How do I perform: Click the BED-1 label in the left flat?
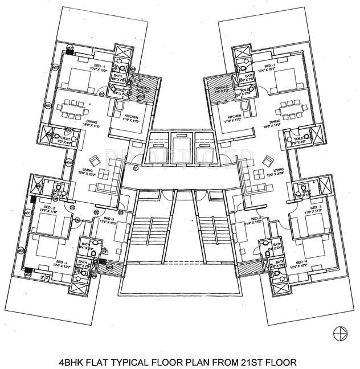[x=103, y=67]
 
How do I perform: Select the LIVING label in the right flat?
[x=279, y=170]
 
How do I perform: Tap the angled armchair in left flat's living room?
[x=91, y=161]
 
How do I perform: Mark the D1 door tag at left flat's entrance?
[x=136, y=169]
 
